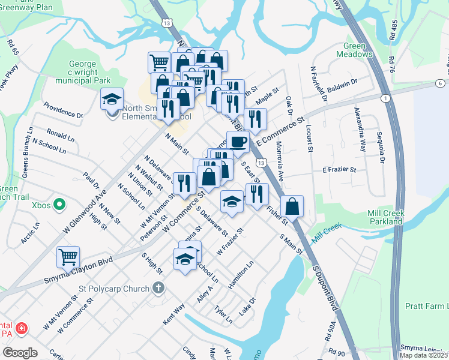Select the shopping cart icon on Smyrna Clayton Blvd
pyautogui.click(x=68, y=257)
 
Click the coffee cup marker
pyautogui.click(x=238, y=142)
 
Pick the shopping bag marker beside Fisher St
pyautogui.click(x=292, y=206)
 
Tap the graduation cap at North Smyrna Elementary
pyautogui.click(x=112, y=99)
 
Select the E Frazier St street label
pyautogui.click(x=340, y=170)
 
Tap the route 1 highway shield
pyautogui.click(x=385, y=98)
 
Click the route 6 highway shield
pyautogui.click(x=440, y=83)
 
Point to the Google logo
pyautogui.click(x=20, y=353)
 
